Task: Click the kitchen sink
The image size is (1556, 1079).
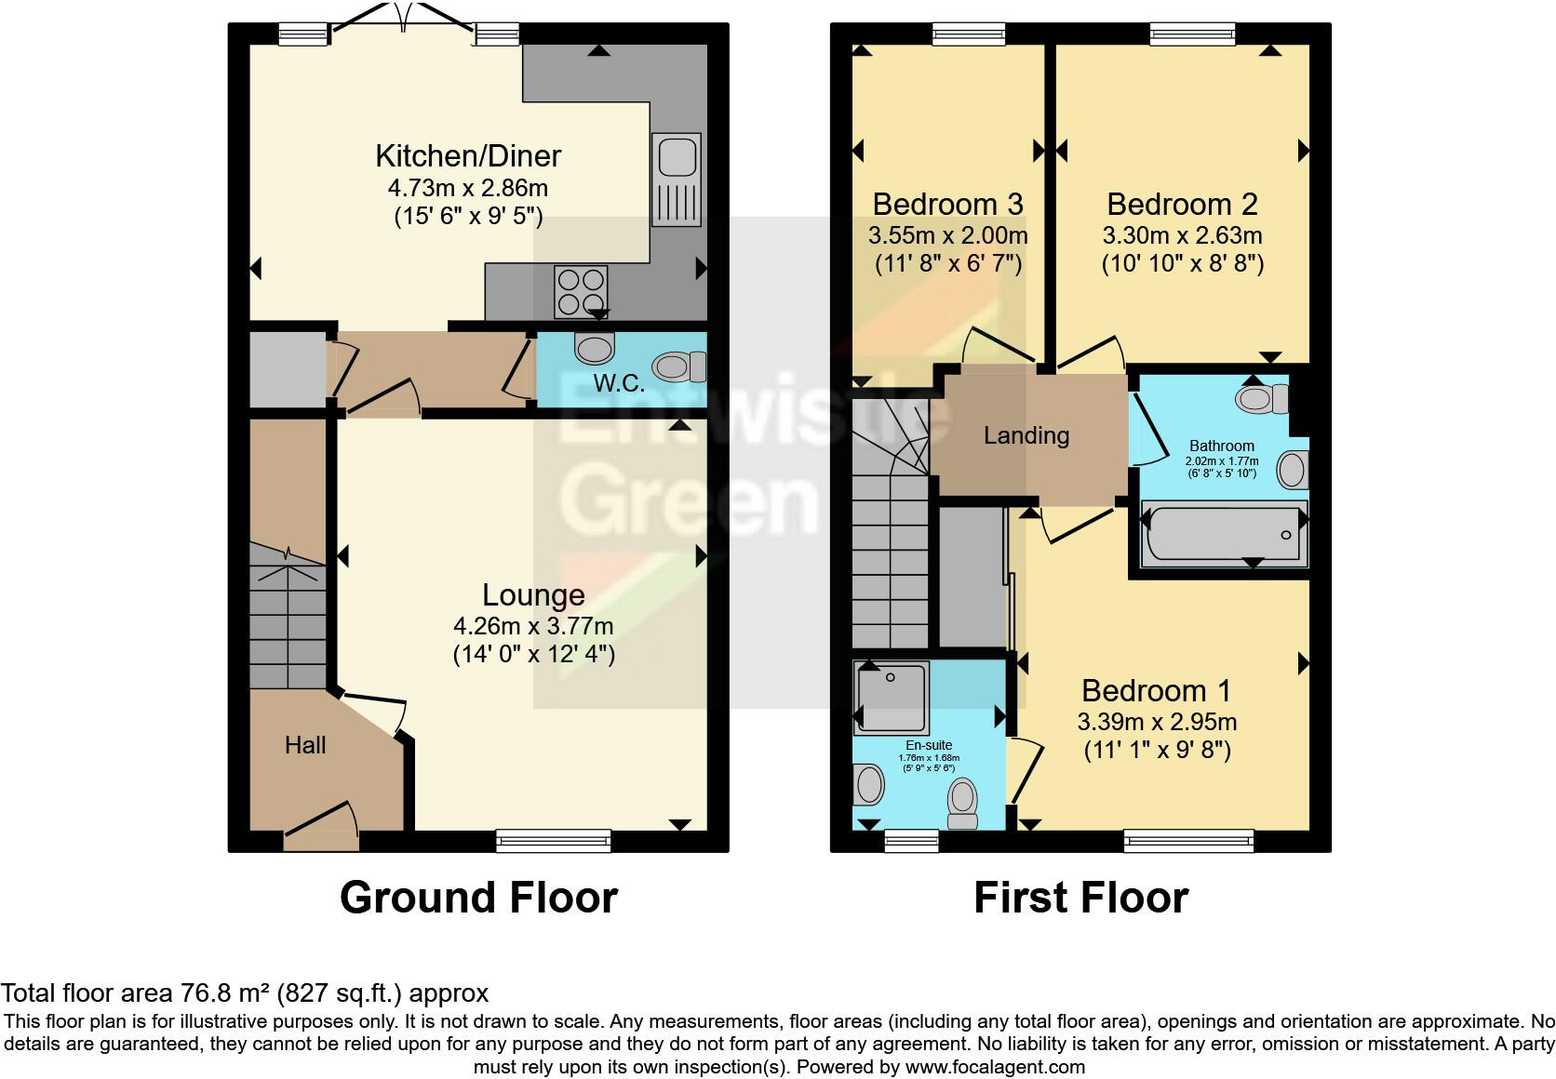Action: pyautogui.click(x=677, y=180)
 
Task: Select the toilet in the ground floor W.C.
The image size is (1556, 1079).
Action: pyautogui.click(x=679, y=366)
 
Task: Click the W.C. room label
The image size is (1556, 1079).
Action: pyautogui.click(x=619, y=383)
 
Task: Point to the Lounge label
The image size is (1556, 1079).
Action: pyautogui.click(x=533, y=595)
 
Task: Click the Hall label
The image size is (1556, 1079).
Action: pyautogui.click(x=305, y=745)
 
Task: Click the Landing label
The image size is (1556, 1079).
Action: pyautogui.click(x=1026, y=435)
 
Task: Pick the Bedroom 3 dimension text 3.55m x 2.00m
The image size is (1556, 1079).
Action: pyautogui.click(x=948, y=235)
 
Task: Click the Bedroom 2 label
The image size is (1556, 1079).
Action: pyautogui.click(x=1182, y=204)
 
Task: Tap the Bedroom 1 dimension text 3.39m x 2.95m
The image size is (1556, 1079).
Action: pyautogui.click(x=1157, y=722)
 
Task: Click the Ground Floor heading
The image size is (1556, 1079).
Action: pyautogui.click(x=478, y=898)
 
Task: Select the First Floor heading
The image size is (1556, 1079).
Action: pyautogui.click(x=1080, y=898)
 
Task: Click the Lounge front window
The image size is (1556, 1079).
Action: pyautogui.click(x=554, y=840)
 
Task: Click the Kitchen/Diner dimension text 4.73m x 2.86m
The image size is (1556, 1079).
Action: pyautogui.click(x=467, y=188)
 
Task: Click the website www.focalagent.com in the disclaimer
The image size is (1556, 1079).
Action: pyautogui.click(x=994, y=1067)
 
